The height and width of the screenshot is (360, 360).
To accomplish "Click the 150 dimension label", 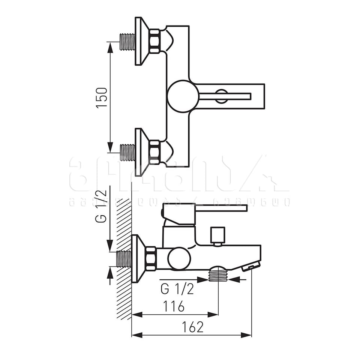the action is pyautogui.click(x=102, y=98).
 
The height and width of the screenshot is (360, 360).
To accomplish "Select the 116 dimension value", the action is pyautogui.click(x=173, y=306).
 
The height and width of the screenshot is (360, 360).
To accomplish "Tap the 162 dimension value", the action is pyautogui.click(x=192, y=327).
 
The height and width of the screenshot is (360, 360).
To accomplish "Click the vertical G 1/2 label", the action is pyautogui.click(x=101, y=206).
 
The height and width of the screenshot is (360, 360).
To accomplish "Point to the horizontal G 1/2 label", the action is pyautogui.click(x=177, y=289).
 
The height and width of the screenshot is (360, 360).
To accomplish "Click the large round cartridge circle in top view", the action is pyautogui.click(x=183, y=96).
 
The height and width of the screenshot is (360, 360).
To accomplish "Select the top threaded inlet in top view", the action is pyautogui.click(x=127, y=42).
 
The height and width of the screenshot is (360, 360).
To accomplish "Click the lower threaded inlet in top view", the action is pyautogui.click(x=127, y=153).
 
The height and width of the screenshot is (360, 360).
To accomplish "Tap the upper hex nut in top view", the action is pyautogui.click(x=154, y=41).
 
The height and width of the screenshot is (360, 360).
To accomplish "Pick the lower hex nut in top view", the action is pyautogui.click(x=154, y=152).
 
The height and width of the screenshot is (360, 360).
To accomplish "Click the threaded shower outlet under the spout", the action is pyautogui.click(x=218, y=274).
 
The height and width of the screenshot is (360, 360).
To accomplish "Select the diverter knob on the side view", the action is pyautogui.click(x=217, y=235).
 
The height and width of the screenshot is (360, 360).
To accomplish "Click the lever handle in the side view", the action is pyautogui.click(x=221, y=208).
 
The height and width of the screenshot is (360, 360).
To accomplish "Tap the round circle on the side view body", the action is pyautogui.click(x=179, y=259).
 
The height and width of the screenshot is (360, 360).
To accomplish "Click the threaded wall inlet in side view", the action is pyautogui.click(x=124, y=259).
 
